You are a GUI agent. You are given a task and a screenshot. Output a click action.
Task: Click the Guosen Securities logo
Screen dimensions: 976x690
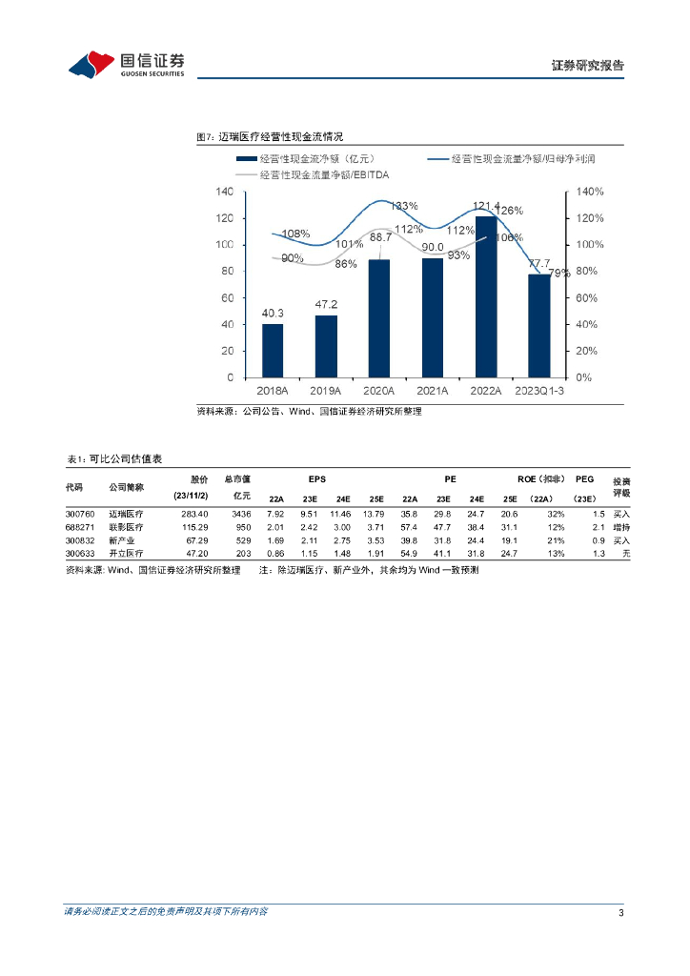[x=127, y=64]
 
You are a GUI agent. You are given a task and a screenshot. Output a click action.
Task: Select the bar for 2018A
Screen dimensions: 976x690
[x=273, y=350]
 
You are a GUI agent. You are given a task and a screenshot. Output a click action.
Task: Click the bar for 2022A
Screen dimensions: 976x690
[x=486, y=296]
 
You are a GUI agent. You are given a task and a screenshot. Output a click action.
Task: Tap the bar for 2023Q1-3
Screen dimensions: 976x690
[x=539, y=325]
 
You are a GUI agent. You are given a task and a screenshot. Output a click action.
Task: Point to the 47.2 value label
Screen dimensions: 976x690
[x=326, y=306]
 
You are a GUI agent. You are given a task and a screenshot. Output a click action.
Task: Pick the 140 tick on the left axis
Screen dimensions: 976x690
[x=225, y=192]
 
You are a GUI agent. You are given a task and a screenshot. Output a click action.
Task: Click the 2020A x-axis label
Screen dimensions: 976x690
[x=379, y=391]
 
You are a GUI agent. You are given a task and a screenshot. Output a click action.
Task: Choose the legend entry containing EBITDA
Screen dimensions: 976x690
[x=324, y=175]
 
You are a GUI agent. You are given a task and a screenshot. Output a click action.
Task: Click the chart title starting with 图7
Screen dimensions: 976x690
[x=269, y=137]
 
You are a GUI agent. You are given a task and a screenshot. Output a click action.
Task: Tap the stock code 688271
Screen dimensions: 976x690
[x=81, y=527]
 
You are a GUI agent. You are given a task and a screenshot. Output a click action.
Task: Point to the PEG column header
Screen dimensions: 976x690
[x=585, y=479]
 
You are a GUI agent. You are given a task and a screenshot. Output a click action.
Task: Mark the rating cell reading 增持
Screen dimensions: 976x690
[x=622, y=527]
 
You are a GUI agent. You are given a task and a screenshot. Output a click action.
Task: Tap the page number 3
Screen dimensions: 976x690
[x=620, y=913]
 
